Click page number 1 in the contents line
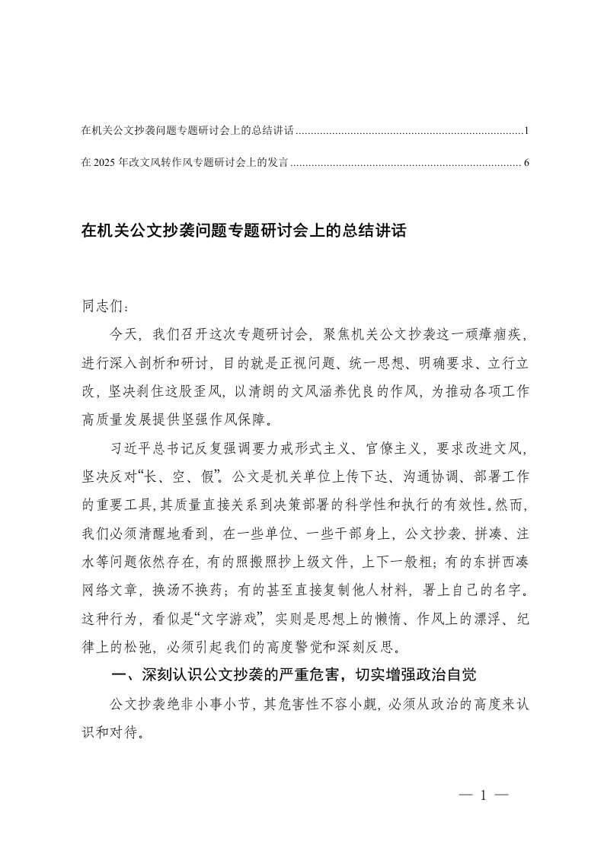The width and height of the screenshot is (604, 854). click(x=526, y=132)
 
